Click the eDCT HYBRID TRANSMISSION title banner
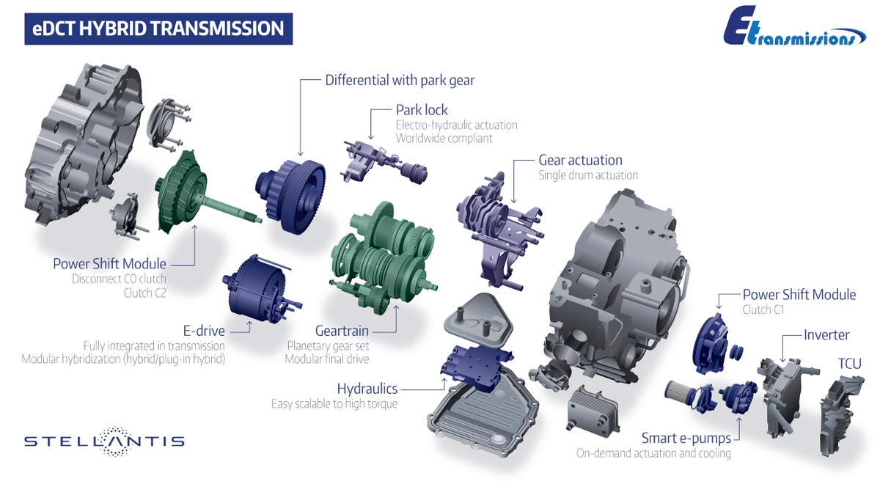tap(158, 29)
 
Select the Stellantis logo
tap(104, 441)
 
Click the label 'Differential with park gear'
tap(400, 81)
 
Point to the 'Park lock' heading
tap(422, 110)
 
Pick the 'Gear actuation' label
tap(580, 161)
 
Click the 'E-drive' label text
tap(204, 331)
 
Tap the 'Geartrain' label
tap(342, 331)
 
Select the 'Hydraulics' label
tap(367, 389)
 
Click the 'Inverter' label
tap(826, 334)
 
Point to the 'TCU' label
tap(849, 364)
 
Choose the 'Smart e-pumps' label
tap(686, 438)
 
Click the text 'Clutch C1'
tap(763, 309)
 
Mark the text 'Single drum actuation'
tap(588, 175)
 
